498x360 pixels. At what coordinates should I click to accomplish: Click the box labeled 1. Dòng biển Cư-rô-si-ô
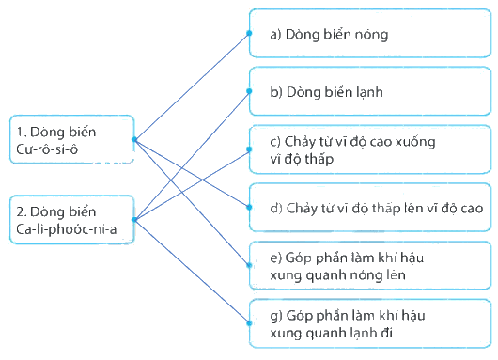point(72,139)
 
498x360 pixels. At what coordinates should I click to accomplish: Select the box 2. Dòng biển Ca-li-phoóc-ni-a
point(72,220)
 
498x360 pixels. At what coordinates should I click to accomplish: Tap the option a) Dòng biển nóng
point(370,33)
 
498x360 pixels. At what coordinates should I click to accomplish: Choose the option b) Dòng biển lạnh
point(370,91)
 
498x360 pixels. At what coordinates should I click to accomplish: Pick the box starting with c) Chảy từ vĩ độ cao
point(370,149)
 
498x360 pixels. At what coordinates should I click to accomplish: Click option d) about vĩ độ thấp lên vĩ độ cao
point(370,207)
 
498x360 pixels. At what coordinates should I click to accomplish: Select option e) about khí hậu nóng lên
point(370,265)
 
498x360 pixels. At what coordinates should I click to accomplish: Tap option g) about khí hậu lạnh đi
point(370,323)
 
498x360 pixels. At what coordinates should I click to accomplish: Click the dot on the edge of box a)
point(249,33)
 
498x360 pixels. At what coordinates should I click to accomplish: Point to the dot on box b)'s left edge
point(249,91)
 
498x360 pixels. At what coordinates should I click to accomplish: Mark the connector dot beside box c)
point(249,149)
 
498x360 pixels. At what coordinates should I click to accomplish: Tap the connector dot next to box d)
point(249,207)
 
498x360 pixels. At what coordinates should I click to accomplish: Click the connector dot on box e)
point(249,265)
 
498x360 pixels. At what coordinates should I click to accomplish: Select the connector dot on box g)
point(249,323)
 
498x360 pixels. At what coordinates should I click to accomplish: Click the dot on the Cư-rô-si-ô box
point(134,139)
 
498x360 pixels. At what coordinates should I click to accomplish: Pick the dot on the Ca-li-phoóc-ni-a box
point(134,220)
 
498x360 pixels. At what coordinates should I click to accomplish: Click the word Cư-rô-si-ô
point(47,149)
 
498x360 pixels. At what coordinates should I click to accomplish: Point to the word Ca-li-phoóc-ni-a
point(67,229)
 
